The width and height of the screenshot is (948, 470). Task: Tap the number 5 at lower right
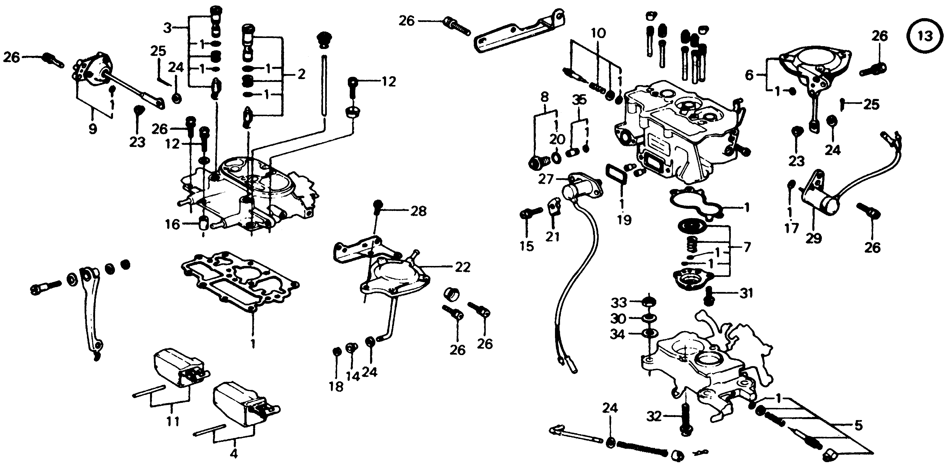coord(858,426)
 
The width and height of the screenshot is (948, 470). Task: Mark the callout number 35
coord(579,100)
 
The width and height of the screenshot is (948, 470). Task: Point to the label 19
coord(625,220)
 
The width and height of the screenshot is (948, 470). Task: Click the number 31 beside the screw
coord(746,293)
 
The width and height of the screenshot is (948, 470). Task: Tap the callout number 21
coord(552,237)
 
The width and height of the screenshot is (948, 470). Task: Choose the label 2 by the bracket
coord(302,74)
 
